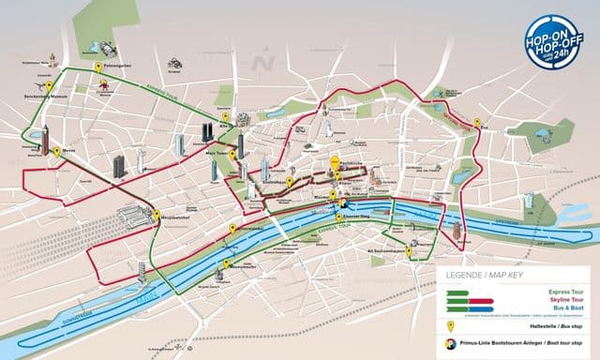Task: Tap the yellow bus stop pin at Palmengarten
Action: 98,67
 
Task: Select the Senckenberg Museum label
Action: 44,96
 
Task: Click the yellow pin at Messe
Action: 56,151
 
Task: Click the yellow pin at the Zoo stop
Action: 476,123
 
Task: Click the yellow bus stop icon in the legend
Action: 452,327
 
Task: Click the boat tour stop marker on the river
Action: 343,201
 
